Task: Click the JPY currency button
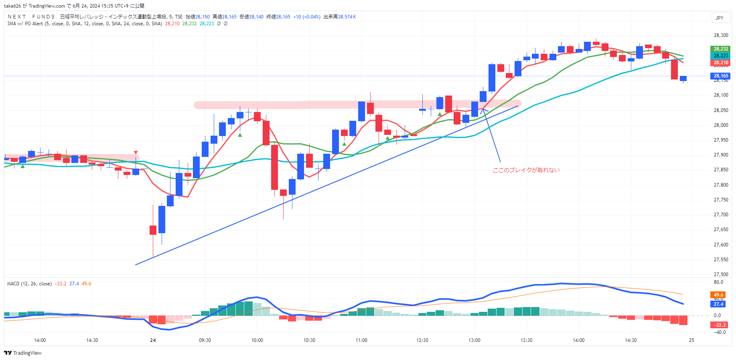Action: (x=720, y=18)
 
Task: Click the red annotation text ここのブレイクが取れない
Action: (x=526, y=170)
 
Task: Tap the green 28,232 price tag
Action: (x=721, y=49)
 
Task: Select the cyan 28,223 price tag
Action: (x=721, y=56)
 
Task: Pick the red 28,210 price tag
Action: (x=721, y=63)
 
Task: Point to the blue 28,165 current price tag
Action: (x=721, y=76)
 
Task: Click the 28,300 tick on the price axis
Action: (x=721, y=35)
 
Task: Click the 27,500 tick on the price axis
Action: (x=721, y=275)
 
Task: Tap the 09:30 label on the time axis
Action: (x=205, y=340)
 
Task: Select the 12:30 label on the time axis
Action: (x=422, y=340)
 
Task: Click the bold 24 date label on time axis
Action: (x=153, y=340)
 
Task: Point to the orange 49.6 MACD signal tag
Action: (x=718, y=295)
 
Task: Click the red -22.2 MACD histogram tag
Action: (x=720, y=325)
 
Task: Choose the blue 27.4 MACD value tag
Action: (x=718, y=304)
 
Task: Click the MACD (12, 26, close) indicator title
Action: (x=29, y=284)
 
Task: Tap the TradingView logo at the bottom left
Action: (x=23, y=353)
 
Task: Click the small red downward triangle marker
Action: (x=136, y=153)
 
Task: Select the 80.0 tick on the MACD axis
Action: (x=718, y=282)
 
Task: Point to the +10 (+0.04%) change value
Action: (x=306, y=17)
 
